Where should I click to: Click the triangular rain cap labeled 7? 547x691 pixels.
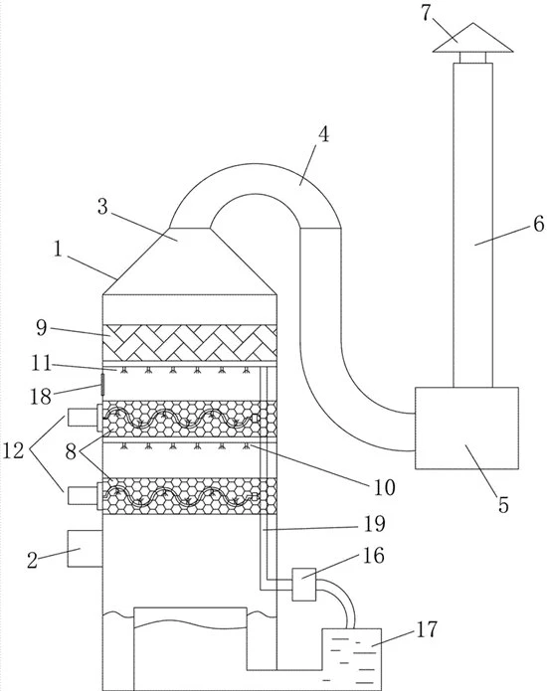pyautogui.click(x=472, y=39)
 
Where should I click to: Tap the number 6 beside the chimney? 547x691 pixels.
pyautogui.click(x=539, y=225)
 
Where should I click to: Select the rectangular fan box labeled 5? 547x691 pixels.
pyautogui.click(x=466, y=428)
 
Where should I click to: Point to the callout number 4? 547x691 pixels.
pyautogui.click(x=323, y=135)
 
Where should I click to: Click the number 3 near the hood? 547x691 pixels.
pyautogui.click(x=102, y=206)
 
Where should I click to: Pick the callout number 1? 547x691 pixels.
pyautogui.click(x=59, y=250)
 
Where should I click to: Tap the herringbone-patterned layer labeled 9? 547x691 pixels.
pyautogui.click(x=190, y=342)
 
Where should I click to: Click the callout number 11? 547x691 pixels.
pyautogui.click(x=41, y=364)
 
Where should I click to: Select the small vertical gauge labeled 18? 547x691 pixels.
pyautogui.click(x=102, y=385)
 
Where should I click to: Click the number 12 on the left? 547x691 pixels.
pyautogui.click(x=13, y=450)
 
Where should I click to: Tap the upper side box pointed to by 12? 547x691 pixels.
pyautogui.click(x=82, y=418)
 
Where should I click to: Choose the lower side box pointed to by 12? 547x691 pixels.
pyautogui.click(x=82, y=495)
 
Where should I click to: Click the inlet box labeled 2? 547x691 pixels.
pyautogui.click(x=85, y=548)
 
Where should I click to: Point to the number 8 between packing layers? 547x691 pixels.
pyautogui.click(x=71, y=452)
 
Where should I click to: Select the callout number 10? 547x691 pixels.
pyautogui.click(x=384, y=487)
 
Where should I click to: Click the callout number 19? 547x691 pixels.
pyautogui.click(x=375, y=524)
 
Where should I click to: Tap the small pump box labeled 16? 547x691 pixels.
pyautogui.click(x=304, y=585)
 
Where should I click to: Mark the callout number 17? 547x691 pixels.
pyautogui.click(x=427, y=629)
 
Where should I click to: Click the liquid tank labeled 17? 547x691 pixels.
pyautogui.click(x=352, y=659)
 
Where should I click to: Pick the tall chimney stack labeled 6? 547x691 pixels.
pyautogui.click(x=473, y=225)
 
